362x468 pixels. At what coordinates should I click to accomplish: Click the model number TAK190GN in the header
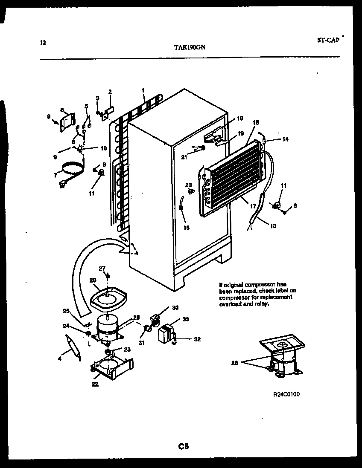[190, 48]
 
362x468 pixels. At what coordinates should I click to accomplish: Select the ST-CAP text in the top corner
[328, 40]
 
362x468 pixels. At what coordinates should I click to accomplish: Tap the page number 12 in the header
[42, 42]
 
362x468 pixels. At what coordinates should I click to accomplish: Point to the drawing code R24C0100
[286, 394]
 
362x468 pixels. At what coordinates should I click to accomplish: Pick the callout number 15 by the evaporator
[256, 123]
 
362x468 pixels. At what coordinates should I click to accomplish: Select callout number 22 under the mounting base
[95, 384]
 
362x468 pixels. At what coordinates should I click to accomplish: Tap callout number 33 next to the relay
[185, 319]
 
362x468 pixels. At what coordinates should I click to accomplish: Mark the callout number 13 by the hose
[273, 226]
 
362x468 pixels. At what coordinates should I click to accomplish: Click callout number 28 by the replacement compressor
[234, 363]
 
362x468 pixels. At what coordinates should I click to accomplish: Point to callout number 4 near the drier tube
[60, 359]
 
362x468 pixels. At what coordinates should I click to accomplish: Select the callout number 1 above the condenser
[143, 90]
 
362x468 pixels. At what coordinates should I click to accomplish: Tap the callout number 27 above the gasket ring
[102, 268]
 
